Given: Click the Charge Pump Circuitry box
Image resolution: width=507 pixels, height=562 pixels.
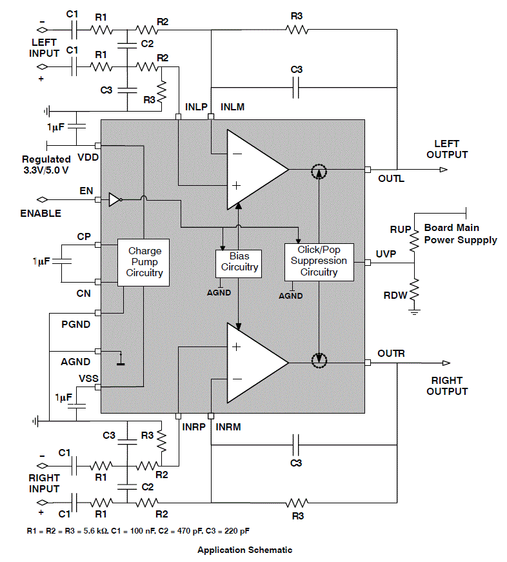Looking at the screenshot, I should [145, 261].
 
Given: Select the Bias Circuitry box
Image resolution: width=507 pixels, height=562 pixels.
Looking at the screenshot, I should [239, 261].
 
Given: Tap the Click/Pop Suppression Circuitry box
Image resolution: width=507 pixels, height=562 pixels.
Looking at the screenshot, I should [319, 261].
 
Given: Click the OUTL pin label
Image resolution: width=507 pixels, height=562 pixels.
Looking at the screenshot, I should [391, 178].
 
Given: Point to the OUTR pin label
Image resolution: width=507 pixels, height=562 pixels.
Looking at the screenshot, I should [391, 354].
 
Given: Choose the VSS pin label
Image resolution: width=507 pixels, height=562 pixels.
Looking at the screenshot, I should [88, 378].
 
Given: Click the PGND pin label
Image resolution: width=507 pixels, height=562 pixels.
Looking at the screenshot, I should [75, 324].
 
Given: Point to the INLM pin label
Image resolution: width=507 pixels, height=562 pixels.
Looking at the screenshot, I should [233, 106].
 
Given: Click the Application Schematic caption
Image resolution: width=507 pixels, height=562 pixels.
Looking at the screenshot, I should [244, 550].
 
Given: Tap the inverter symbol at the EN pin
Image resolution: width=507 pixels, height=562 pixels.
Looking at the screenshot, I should [114, 199].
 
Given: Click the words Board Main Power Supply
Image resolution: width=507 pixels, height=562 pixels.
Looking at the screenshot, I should [461, 234].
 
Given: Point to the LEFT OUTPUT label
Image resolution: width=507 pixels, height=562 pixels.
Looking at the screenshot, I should [451, 149].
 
